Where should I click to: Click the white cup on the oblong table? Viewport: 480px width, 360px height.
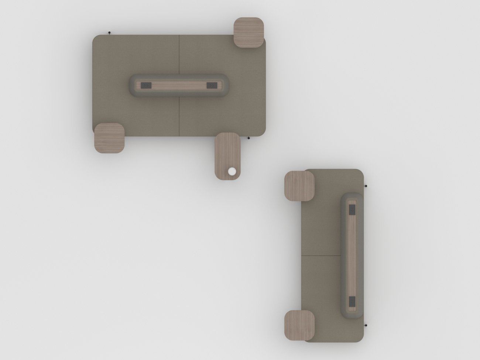pos(232,171)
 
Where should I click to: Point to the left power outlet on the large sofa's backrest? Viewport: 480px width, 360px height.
pos(147,85)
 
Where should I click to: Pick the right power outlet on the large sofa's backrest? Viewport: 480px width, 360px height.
pos(211,85)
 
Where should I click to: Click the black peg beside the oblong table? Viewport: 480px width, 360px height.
pos(249,138)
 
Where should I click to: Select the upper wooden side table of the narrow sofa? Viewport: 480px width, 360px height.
pos(299,186)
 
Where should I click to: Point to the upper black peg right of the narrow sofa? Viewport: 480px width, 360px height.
pos(366,186)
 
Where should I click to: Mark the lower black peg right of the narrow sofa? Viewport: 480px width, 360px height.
pos(366,325)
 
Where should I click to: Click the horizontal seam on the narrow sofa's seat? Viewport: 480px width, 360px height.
pos(321,255)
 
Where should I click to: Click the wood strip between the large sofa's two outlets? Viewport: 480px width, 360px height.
pos(179,85)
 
